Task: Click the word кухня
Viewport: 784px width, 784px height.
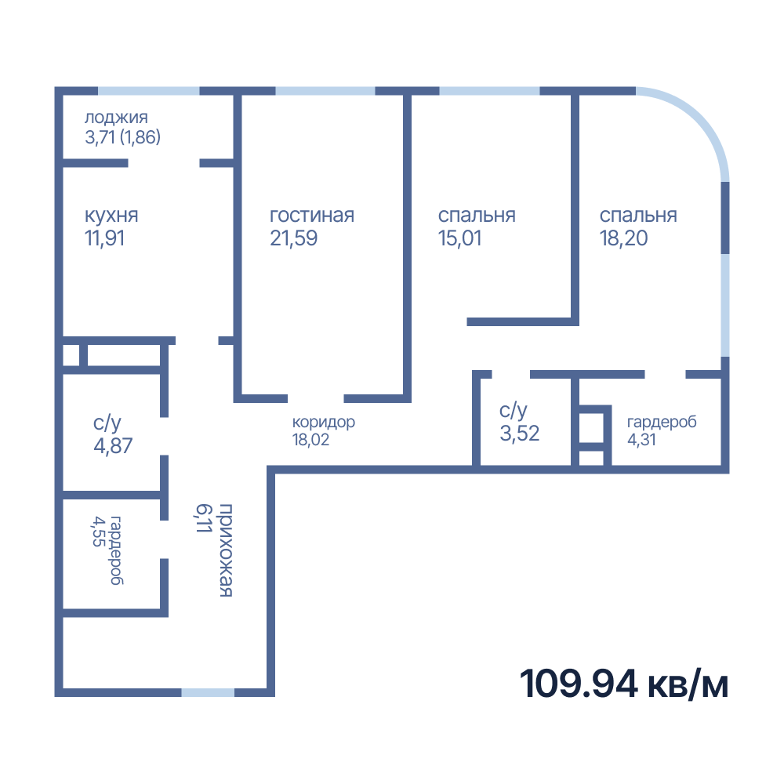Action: coord(111,216)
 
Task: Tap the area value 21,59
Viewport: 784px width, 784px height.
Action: coord(293,238)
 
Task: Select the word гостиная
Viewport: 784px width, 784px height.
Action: coord(312,215)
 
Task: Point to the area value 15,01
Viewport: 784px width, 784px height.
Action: coord(459,238)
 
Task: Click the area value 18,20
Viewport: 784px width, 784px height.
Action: coord(623,238)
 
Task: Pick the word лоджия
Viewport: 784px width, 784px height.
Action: coord(116,118)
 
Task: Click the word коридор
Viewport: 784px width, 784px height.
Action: coord(324,423)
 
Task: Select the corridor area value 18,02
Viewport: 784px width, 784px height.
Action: coord(310,440)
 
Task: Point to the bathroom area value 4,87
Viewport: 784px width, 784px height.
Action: coord(113,445)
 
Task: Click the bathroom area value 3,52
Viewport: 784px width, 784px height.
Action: coord(520,433)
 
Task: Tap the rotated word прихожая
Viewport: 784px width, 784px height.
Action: coord(226,550)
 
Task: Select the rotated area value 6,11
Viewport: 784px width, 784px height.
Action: coord(204,518)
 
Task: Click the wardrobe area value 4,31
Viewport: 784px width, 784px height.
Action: coord(641,440)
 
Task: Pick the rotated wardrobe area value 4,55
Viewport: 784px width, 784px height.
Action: coord(99,531)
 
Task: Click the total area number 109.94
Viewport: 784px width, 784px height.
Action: coord(579,684)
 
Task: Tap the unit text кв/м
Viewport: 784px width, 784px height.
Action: coord(688,684)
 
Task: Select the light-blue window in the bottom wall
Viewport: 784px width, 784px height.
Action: coord(208,692)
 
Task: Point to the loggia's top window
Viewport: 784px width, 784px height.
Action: coord(148,91)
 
